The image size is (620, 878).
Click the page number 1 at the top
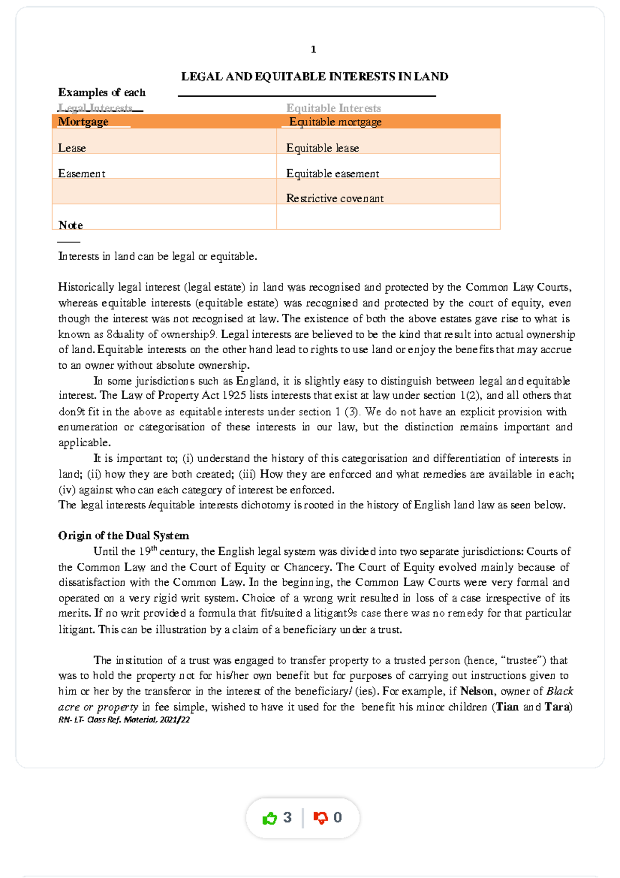point(313,50)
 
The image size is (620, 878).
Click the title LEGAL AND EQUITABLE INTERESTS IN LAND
point(314,77)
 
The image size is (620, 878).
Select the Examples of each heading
point(102,93)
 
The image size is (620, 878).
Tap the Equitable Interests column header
point(333,108)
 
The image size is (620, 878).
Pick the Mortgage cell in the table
point(83,122)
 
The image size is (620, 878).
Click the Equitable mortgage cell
point(335,122)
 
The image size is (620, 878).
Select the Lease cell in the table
point(72,148)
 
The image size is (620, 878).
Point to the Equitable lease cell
point(322,148)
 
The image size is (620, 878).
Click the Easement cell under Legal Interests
point(82,174)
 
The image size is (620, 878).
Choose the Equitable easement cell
point(333,174)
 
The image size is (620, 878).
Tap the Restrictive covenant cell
point(335,199)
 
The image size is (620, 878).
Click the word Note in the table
point(71,225)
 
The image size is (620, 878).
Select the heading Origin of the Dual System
point(123,536)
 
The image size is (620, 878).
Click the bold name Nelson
point(476,691)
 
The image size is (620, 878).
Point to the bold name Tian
point(507,707)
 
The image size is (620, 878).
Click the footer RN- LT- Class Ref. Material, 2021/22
point(124,720)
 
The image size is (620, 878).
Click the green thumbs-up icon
point(270,818)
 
